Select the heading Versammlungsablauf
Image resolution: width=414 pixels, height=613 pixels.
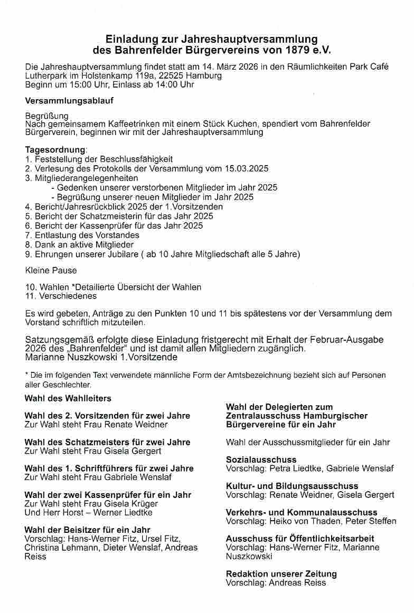69,100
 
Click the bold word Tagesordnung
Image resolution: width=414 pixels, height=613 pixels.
55,149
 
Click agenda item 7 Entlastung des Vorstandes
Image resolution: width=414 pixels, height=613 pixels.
87,235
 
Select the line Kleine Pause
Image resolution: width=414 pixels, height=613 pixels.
51,270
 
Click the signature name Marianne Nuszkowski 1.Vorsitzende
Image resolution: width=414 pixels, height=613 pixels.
101,357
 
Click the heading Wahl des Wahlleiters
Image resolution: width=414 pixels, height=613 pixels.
68,398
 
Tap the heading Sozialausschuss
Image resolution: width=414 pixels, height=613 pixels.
261,459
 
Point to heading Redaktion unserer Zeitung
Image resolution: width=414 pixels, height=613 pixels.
281,574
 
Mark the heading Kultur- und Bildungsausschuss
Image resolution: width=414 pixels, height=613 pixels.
292,486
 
